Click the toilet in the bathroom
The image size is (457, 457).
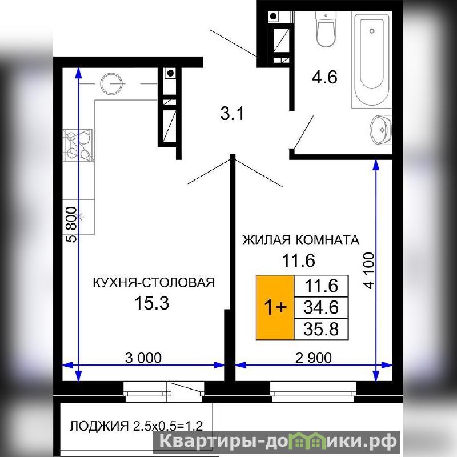tap(326, 29)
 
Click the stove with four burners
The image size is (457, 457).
tap(79, 145)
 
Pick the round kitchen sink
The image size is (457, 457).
tap(111, 83)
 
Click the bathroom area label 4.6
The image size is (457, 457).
tap(324, 78)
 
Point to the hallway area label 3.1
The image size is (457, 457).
tap(232, 114)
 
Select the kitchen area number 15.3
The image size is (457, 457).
tap(151, 303)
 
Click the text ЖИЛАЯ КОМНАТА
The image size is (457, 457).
tap(301, 240)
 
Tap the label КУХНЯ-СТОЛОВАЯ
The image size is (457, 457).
tap(154, 282)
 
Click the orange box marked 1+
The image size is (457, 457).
tap(275, 307)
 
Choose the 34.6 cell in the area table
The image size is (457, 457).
tap(321, 307)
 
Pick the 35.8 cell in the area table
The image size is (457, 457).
tap(321, 329)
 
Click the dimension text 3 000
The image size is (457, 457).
tap(143, 358)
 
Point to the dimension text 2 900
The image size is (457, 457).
tap(313, 358)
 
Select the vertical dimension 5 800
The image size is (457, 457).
tap(72, 225)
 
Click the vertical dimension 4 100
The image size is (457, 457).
tap(369, 271)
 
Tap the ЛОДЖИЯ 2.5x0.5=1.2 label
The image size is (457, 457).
tap(136, 426)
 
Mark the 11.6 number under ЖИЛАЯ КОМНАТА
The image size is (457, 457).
tap(298, 260)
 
